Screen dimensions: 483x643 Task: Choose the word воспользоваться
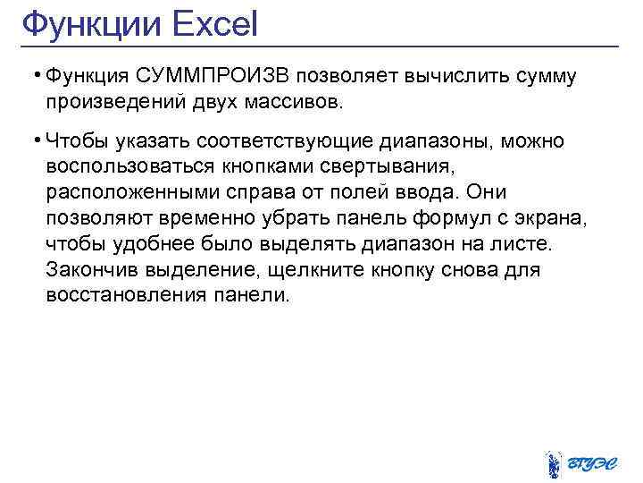tap(124, 167)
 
